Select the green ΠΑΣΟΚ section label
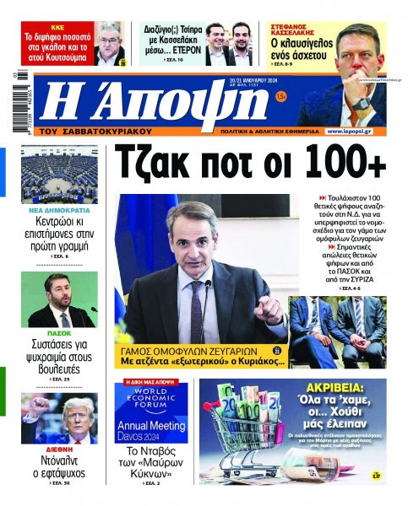[59, 332]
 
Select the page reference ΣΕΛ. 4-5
[356, 288]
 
